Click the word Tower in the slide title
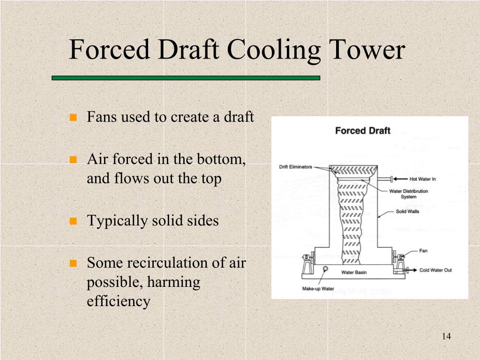coord(367,50)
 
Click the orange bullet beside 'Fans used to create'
coord(73,117)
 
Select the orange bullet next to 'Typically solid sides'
coord(73,221)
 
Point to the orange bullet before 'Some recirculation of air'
coord(73,263)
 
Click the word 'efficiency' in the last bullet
coord(119,301)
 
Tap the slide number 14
coord(446,337)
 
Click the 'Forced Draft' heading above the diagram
coord(362,131)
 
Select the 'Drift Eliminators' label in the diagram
coord(295,167)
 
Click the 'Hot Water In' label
coord(423,179)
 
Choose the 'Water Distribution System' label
coord(408,194)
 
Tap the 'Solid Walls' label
coord(407,212)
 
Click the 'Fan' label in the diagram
coord(423,251)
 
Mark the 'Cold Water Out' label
coord(435,270)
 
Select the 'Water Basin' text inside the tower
coord(354,272)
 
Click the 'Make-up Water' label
coord(318,289)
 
